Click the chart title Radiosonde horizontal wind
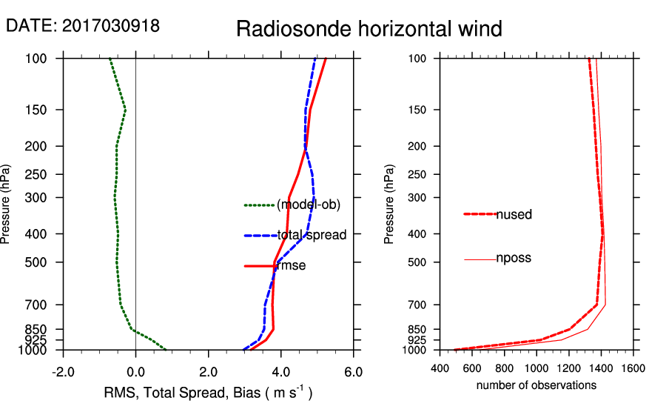point(369,29)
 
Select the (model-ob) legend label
point(308,205)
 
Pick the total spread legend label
point(312,236)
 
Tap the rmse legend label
point(292,266)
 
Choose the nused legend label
point(514,214)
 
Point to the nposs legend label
point(514,259)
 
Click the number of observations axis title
point(536,385)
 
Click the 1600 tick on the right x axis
point(633,367)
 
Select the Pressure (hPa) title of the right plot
point(389,204)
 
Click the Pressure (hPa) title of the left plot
point(7,204)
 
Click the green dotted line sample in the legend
point(259,205)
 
